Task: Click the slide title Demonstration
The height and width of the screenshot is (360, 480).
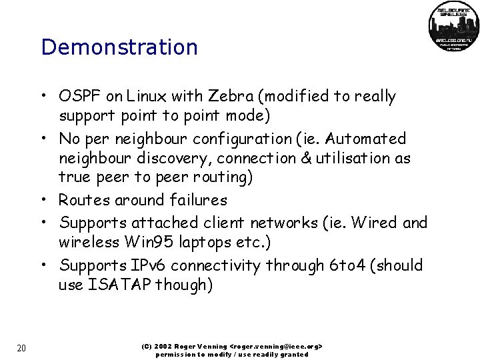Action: coord(119,47)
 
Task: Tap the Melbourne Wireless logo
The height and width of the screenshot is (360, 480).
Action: coord(453,27)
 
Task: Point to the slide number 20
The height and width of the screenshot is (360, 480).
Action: coord(21,348)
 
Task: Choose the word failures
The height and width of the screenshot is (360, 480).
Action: coord(199,201)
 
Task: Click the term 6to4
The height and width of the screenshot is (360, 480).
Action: coord(347,265)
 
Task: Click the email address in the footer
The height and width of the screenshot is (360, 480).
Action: coord(276,347)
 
